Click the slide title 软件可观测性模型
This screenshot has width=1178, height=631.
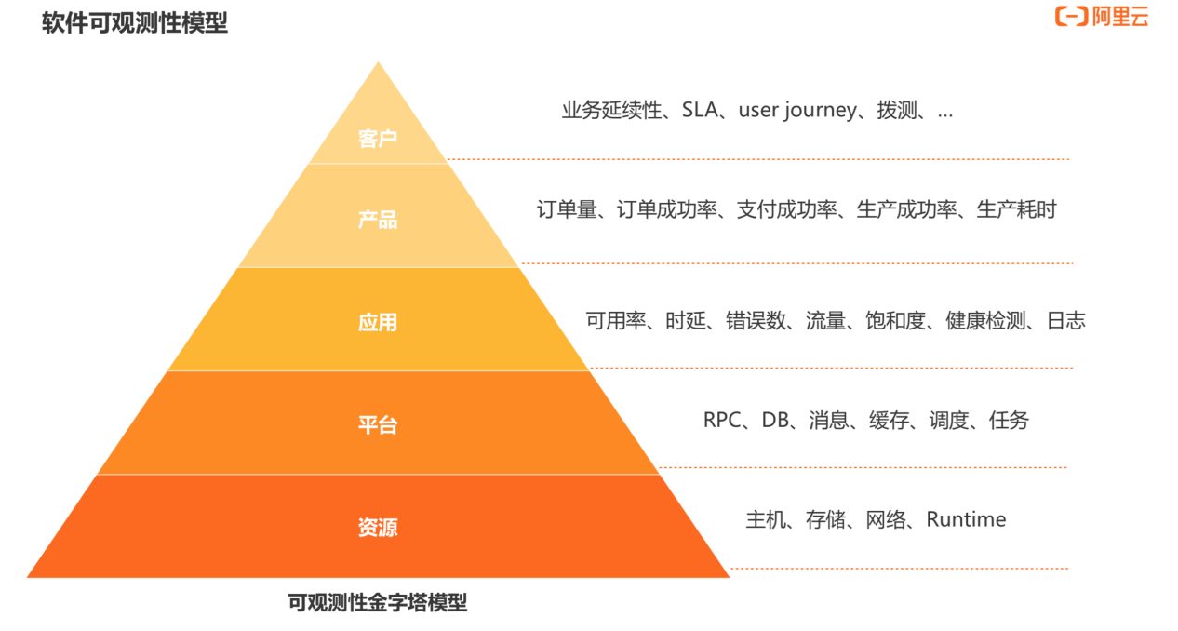pyautogui.click(x=135, y=23)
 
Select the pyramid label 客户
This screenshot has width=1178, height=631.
pyautogui.click(x=378, y=140)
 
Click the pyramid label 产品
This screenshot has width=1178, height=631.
pyautogui.click(x=378, y=220)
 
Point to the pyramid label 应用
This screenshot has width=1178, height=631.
pyautogui.click(x=378, y=322)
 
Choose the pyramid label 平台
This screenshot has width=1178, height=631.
pyautogui.click(x=378, y=425)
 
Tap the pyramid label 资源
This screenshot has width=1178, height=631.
pyautogui.click(x=378, y=528)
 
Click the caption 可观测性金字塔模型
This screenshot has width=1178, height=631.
pyautogui.click(x=378, y=603)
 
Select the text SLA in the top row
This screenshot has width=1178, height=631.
pyautogui.click(x=701, y=111)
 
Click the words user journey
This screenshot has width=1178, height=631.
pyautogui.click(x=797, y=111)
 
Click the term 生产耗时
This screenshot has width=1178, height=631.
pyautogui.click(x=1016, y=210)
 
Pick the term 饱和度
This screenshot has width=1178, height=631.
pyautogui.click(x=897, y=321)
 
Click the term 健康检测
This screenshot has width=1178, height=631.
pyautogui.click(x=985, y=321)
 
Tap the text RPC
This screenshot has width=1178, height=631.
pyautogui.click(x=722, y=421)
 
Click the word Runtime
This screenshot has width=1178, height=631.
pyautogui.click(x=966, y=519)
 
